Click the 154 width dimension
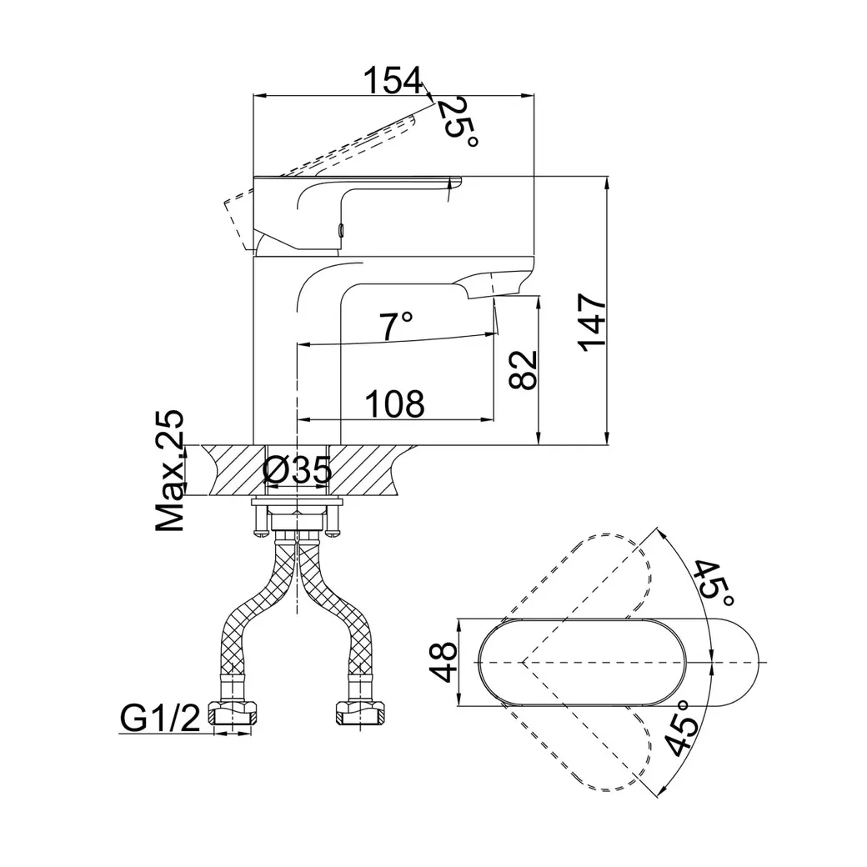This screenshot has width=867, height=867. tap(393, 80)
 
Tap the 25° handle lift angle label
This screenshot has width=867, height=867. tap(457, 123)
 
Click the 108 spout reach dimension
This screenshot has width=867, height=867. tap(395, 404)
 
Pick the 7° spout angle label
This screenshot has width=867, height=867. tap(395, 326)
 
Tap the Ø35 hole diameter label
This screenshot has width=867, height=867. tap(298, 469)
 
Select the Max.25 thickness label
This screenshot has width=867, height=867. tap(168, 471)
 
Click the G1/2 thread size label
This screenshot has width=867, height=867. tap(160, 719)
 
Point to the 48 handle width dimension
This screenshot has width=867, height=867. tap(444, 662)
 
